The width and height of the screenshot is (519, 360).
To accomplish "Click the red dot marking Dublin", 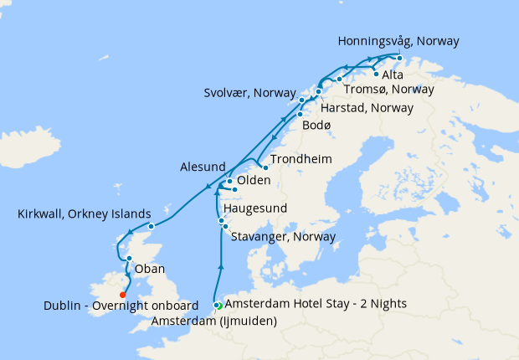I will [122, 294].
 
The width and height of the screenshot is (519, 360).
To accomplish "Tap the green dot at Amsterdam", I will [218, 306].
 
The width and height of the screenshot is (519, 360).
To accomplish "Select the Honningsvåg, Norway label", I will [398, 40].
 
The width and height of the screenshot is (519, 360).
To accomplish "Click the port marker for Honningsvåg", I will [399, 58].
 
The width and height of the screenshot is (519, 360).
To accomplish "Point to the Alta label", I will [392, 75].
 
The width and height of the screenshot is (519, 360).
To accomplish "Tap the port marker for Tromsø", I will [339, 80].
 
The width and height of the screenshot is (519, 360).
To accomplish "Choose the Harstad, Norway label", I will [368, 108].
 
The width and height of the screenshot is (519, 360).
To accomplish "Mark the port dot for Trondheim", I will [265, 167].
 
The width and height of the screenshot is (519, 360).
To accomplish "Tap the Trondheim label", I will [301, 159].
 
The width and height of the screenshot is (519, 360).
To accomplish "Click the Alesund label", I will [203, 167].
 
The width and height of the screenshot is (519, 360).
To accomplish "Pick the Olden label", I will [254, 181].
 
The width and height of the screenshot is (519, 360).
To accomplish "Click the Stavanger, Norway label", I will [282, 237].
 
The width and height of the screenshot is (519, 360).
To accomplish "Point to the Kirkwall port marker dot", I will [151, 226].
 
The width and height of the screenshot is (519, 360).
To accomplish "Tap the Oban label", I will [150, 270].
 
